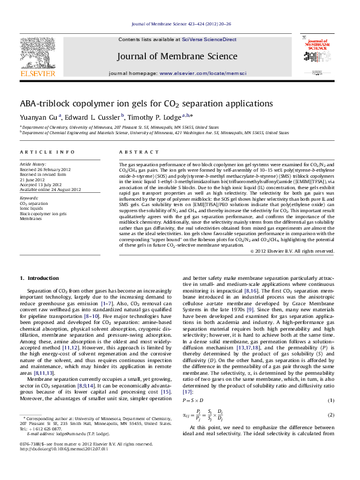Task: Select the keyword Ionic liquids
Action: point(33,209)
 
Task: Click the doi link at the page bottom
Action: point(64,466)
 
